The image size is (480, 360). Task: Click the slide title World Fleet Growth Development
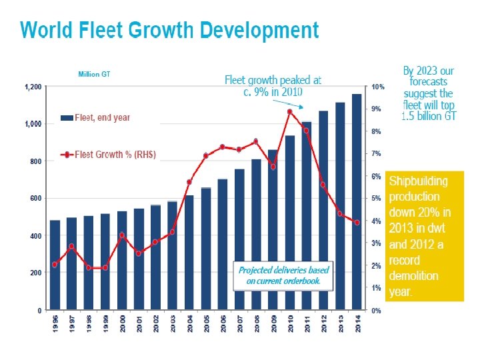pos(169,31)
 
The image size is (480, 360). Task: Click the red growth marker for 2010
pos(289,111)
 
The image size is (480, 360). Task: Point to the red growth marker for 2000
pos(122,235)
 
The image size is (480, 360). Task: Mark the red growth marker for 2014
pos(357,223)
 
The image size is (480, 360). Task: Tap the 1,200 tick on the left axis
pos(33,87)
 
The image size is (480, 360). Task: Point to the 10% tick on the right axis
pos(377,87)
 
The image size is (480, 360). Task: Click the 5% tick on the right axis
pos(376,199)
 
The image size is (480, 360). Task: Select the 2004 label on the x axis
pos(189,325)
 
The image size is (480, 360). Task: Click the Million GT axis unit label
pos(94,75)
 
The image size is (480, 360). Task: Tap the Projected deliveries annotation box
pos(284,275)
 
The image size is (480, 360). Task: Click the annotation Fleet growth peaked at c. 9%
pos(273,85)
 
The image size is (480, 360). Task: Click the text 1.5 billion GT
pos(429,116)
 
